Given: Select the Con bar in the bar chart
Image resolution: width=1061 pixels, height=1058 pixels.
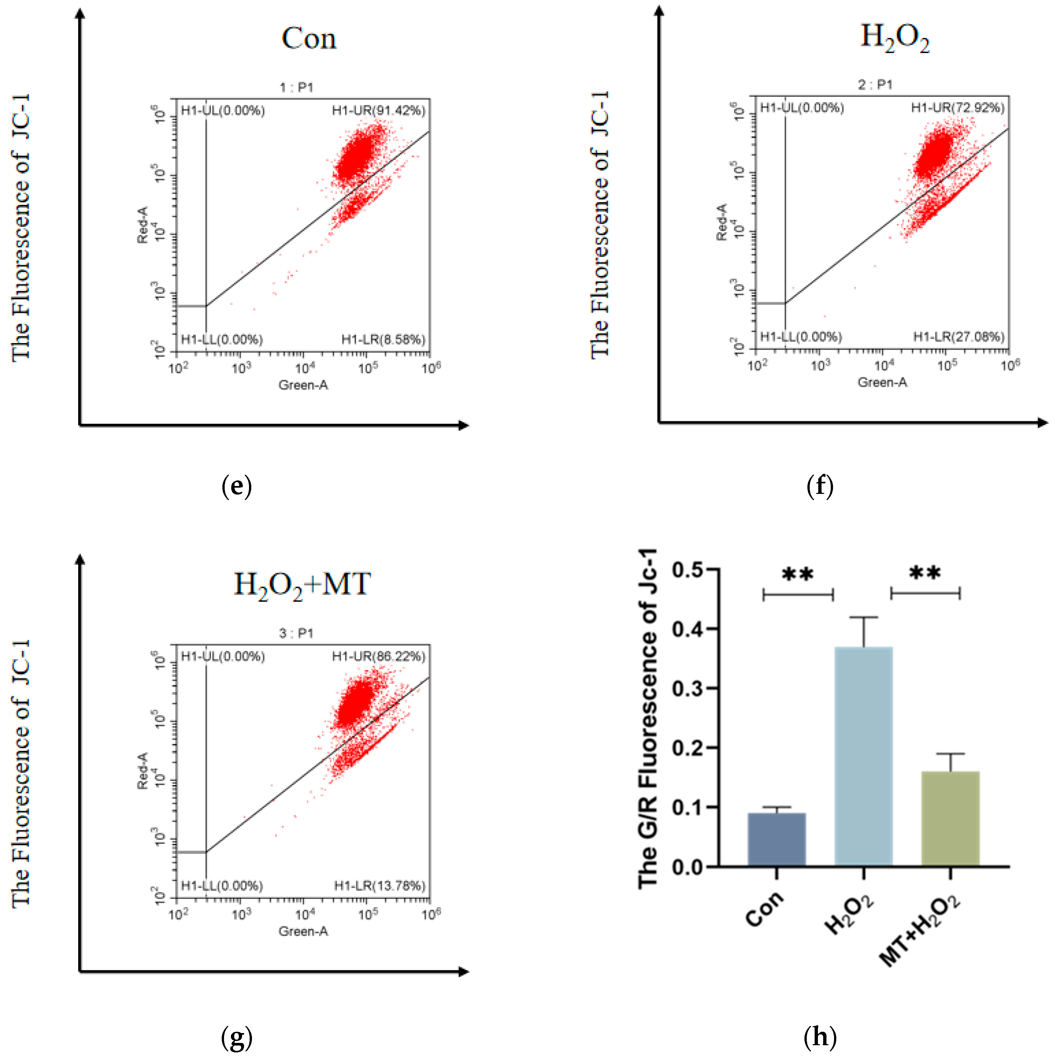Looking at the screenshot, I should [x=777, y=839].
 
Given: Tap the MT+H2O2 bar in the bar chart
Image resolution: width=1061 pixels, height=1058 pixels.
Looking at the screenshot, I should [x=950, y=818].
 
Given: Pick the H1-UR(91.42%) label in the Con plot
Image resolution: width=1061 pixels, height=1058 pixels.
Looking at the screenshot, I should [x=378, y=111].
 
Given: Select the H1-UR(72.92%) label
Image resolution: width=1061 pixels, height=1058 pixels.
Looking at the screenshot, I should [x=958, y=108].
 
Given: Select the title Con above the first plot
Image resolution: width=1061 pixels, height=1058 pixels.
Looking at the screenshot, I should [x=309, y=38].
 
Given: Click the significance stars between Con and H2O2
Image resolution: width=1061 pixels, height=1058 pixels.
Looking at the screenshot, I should [x=798, y=575].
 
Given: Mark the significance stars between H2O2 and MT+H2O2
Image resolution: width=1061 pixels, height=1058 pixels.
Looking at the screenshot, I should [x=925, y=573].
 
